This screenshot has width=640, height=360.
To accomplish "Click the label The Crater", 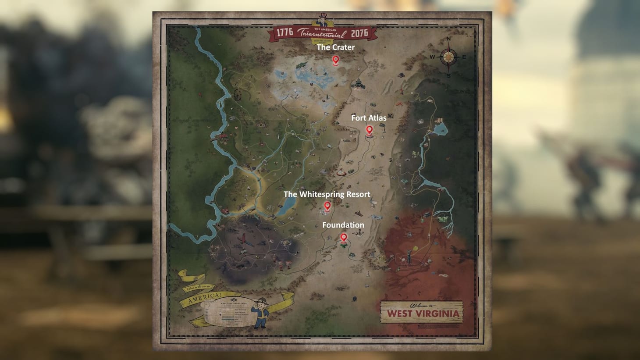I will pyautogui.click(x=336, y=47).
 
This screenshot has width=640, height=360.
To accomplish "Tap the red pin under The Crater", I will pyautogui.click(x=336, y=60).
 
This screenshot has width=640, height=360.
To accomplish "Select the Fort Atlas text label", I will pyautogui.click(x=369, y=118).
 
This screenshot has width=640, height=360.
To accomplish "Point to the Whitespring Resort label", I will pyautogui.click(x=327, y=194).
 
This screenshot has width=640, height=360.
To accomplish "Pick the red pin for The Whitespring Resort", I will pyautogui.click(x=327, y=205).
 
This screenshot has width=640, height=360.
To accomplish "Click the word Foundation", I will pyautogui.click(x=343, y=225).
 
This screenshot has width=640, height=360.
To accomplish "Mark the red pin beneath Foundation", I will pyautogui.click(x=344, y=237).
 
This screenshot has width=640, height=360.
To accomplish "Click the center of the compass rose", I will pyautogui.click(x=448, y=57).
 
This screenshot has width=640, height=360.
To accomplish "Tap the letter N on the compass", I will pyautogui.click(x=448, y=39).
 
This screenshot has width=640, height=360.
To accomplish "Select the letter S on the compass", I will pyautogui.click(x=448, y=75).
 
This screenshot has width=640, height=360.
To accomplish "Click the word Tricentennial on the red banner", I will pyautogui.click(x=322, y=34).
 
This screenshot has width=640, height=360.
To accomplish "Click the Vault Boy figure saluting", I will pyautogui.click(x=260, y=314).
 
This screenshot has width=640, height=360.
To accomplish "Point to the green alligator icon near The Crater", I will pyautogui.click(x=301, y=65).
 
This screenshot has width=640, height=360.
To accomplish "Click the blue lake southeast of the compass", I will pyautogui.click(x=440, y=128).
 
